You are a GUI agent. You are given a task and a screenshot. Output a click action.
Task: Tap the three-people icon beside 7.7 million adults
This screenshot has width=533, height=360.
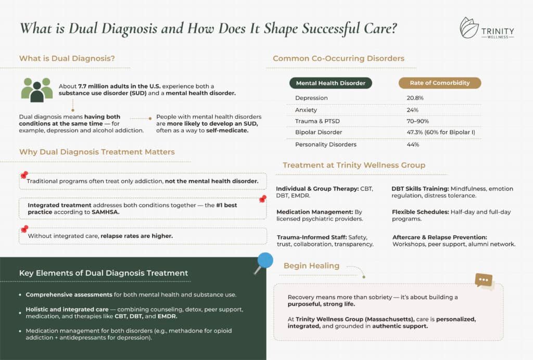[37, 89]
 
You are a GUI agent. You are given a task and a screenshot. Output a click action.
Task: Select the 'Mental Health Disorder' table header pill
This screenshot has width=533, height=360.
[331, 83]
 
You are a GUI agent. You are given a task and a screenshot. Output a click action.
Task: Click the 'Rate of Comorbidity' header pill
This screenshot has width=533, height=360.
[439, 83]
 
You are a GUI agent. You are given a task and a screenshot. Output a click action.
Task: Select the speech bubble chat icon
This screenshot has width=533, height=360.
[484, 280]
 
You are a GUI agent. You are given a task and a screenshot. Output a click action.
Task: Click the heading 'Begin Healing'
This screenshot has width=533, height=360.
[311, 266]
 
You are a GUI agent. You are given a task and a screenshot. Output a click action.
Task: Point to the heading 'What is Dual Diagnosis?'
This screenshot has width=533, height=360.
[67, 58]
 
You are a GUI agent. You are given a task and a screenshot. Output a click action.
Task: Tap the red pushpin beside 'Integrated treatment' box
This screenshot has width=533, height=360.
[263, 200]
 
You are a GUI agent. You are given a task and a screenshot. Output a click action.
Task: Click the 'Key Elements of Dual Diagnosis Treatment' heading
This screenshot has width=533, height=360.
[104, 273]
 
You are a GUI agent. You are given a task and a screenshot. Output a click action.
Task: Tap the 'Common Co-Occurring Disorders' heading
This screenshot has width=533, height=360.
[338, 58]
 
